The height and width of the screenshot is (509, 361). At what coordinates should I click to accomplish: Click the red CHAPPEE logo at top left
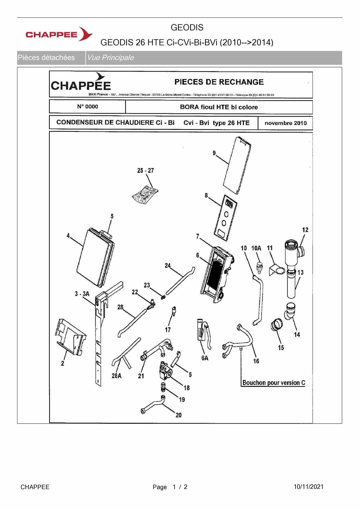tap(59, 34)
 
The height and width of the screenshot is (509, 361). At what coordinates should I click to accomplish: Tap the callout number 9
tap(214, 153)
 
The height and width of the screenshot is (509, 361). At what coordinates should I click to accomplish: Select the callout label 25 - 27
tap(145, 170)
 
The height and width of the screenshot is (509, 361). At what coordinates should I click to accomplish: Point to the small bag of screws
tap(145, 195)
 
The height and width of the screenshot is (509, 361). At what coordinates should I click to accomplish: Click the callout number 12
tap(305, 230)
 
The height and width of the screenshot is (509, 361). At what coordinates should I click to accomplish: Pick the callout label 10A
tap(256, 248)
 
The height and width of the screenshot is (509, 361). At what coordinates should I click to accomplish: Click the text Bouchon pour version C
tap(273, 383)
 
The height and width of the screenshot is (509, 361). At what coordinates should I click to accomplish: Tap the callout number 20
tap(178, 415)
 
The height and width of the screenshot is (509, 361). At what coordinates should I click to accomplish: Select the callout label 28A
tap(116, 376)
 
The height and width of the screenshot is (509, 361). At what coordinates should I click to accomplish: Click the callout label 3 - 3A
tap(82, 294)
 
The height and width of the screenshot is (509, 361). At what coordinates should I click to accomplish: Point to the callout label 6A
tap(205, 358)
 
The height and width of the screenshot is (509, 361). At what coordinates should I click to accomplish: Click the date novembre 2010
tap(285, 123)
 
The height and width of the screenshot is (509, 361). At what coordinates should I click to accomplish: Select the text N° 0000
tap(88, 107)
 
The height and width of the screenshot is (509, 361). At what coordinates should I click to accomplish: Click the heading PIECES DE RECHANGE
tap(219, 82)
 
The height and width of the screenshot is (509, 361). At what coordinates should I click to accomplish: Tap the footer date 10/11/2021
tap(309, 487)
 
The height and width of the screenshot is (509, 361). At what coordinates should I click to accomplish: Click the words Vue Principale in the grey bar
tap(110, 58)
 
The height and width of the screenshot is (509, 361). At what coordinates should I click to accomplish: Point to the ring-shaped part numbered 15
tap(277, 324)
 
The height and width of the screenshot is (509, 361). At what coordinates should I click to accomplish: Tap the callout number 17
tap(168, 330)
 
